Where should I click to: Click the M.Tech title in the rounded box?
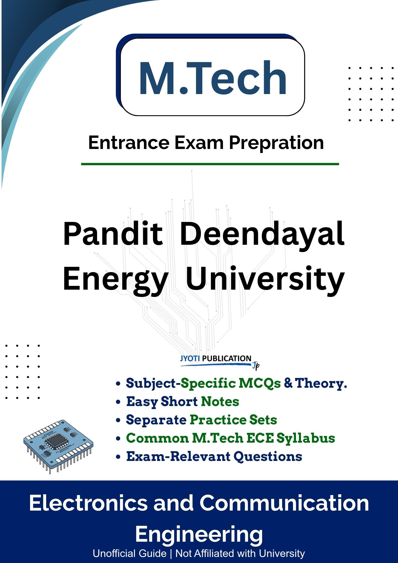(x=213, y=78)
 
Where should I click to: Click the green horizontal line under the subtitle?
(x=210, y=164)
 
